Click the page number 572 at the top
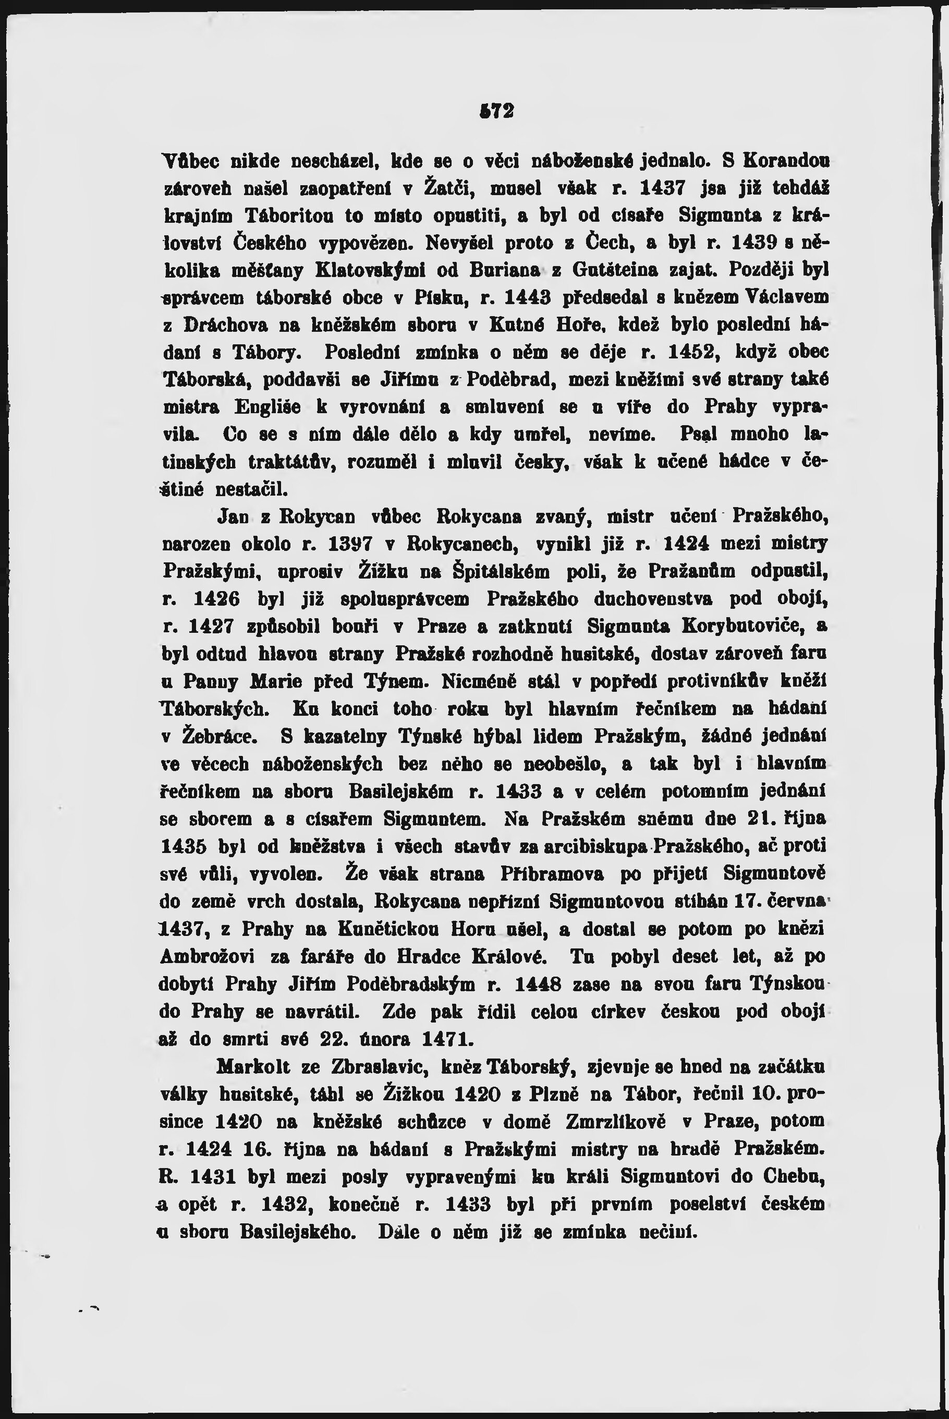pyautogui.click(x=495, y=112)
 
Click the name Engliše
pyautogui.click(x=271, y=407)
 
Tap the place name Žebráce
pyautogui.click(x=220, y=737)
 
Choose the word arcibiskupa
pyautogui.click(x=595, y=846)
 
